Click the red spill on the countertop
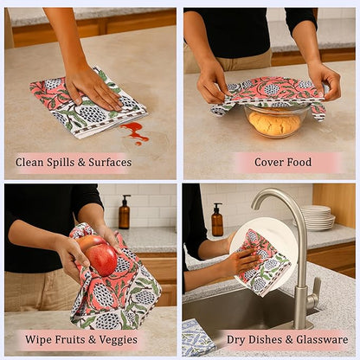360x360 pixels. pos(135,131)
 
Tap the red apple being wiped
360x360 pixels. pos(101,258)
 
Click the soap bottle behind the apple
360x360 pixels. pos(125,212)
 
